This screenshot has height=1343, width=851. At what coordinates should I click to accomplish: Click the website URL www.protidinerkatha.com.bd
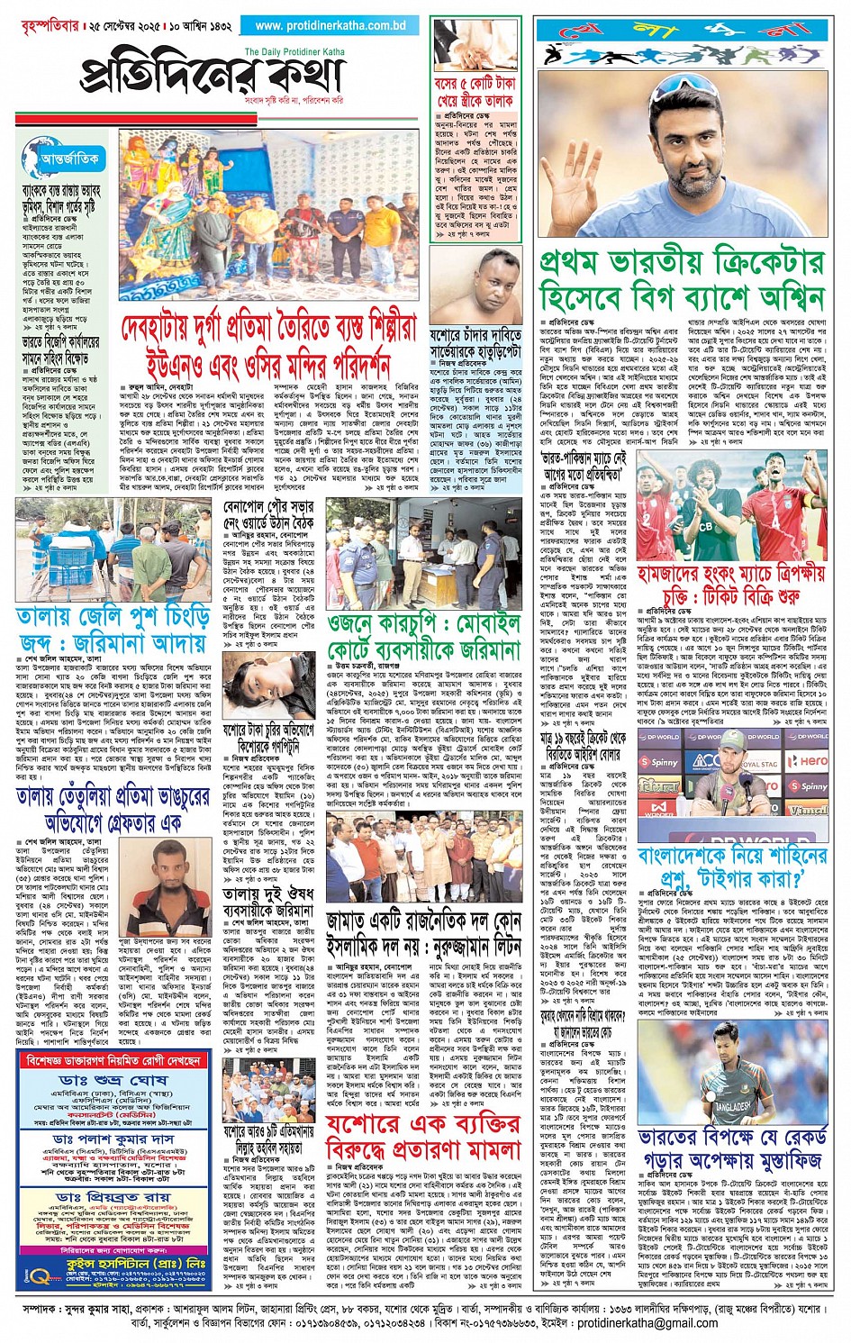click(330, 26)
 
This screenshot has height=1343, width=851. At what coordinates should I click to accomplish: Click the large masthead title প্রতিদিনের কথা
click(213, 76)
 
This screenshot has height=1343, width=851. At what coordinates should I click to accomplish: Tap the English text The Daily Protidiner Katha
click(294, 51)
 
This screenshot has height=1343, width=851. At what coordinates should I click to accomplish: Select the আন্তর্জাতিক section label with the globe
click(62, 159)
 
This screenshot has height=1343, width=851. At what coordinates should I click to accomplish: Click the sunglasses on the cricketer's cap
click(696, 86)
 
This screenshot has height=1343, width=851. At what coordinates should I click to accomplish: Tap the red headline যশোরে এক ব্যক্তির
click(423, 1136)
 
